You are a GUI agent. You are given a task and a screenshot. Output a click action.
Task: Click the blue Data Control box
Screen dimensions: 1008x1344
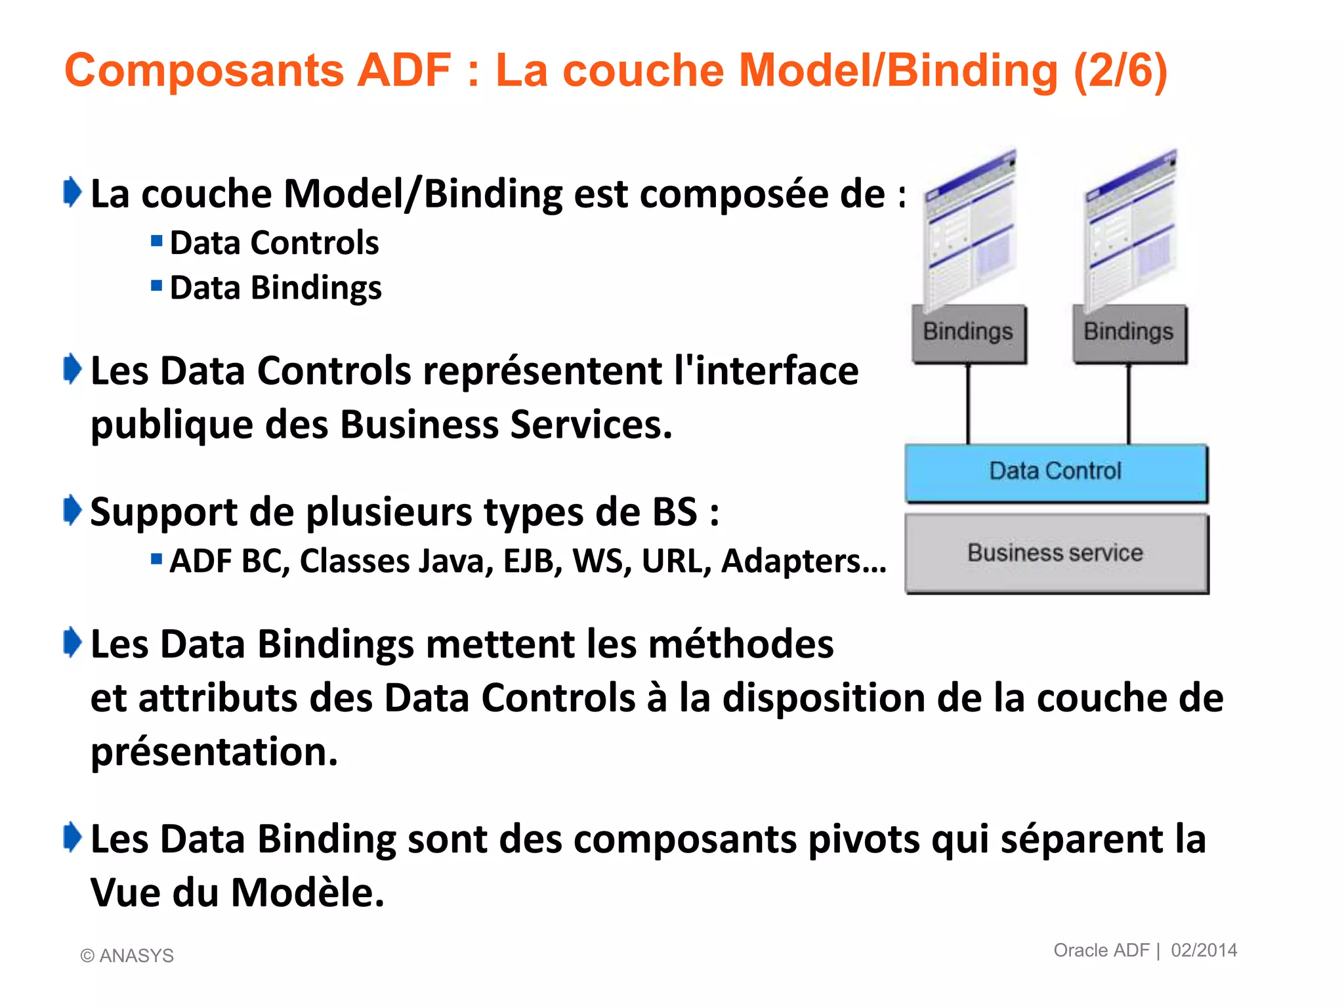pyautogui.click(x=1055, y=472)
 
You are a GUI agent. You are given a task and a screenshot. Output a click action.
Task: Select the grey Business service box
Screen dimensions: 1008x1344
pyautogui.click(x=1055, y=553)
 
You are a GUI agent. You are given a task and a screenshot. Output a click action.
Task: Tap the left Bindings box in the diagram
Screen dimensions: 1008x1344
pyautogui.click(x=968, y=333)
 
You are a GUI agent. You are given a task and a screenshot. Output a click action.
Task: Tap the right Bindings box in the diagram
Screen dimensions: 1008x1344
pyautogui.click(x=1129, y=333)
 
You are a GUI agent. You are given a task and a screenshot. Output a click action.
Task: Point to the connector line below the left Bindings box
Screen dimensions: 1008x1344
pyautogui.click(x=968, y=404)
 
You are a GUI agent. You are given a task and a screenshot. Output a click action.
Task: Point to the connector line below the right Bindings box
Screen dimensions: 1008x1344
pyautogui.click(x=1129, y=404)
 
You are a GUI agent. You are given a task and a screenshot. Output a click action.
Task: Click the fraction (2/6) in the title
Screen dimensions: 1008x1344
pyautogui.click(x=1121, y=70)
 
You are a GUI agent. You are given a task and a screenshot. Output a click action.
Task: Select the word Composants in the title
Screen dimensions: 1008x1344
pyautogui.click(x=203, y=70)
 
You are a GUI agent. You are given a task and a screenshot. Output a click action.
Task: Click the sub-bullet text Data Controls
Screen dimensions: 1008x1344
pyautogui.click(x=274, y=243)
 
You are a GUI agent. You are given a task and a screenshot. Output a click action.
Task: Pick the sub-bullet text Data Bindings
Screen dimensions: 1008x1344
pyautogui.click(x=276, y=288)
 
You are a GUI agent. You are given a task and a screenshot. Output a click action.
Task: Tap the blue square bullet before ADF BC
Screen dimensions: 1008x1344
pyautogui.click(x=156, y=559)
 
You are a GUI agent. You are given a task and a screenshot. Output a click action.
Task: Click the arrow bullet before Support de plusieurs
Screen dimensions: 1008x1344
pyautogui.click(x=72, y=511)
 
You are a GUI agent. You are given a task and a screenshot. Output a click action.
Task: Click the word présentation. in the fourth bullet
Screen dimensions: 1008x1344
pyautogui.click(x=214, y=752)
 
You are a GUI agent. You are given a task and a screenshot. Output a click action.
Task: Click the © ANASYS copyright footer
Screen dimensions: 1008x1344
pyautogui.click(x=127, y=955)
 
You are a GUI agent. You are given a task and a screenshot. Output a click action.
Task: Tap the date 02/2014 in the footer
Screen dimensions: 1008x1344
pyautogui.click(x=1204, y=950)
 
